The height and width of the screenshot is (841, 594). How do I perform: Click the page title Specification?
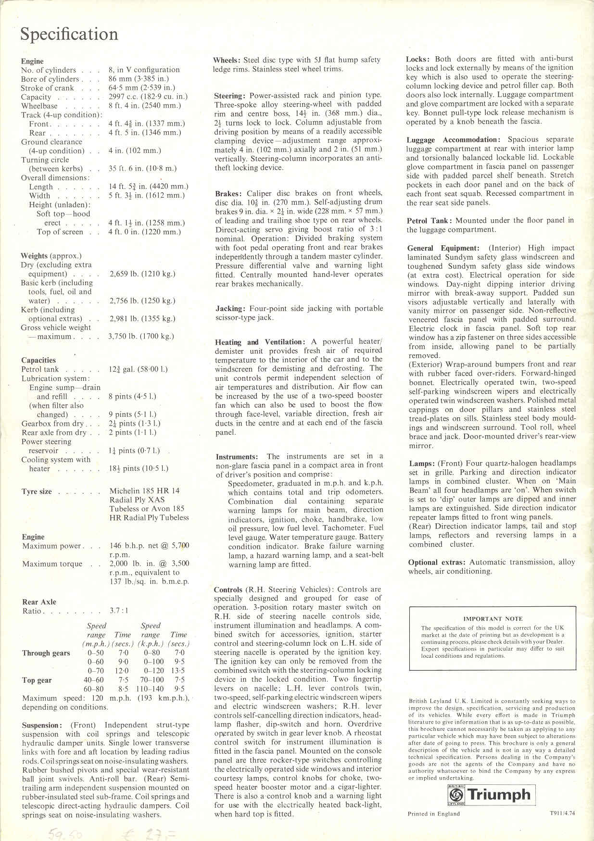[x=69, y=35]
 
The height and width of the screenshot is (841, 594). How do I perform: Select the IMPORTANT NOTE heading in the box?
[x=493, y=619]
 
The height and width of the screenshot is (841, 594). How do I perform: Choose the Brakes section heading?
[x=229, y=193]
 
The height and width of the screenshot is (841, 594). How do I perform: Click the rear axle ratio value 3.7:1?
[x=119, y=611]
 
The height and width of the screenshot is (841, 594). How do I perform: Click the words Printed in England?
[x=433, y=814]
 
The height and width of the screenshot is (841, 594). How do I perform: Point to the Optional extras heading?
[x=437, y=563]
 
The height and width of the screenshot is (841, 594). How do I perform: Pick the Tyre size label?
[x=37, y=491]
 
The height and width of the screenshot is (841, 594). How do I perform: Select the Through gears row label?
[x=46, y=653]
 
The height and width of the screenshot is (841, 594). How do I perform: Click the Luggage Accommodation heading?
[x=455, y=140]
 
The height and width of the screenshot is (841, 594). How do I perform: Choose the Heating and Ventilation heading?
[x=260, y=342]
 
